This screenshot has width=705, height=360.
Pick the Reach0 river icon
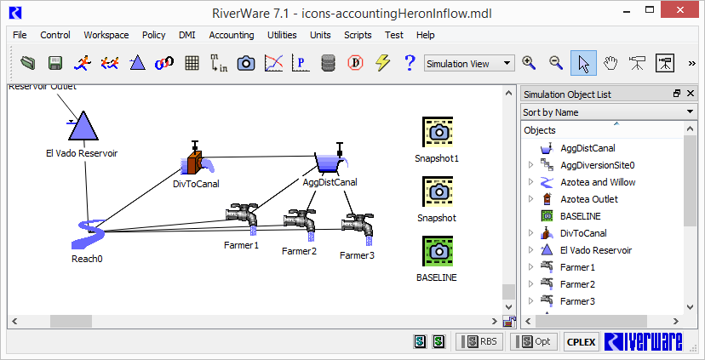click(x=89, y=234)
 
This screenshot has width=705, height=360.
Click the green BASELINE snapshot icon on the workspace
click(x=438, y=251)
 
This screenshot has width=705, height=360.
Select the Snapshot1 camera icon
click(x=438, y=132)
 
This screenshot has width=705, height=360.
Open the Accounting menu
click(x=231, y=35)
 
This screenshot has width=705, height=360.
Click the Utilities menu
click(x=282, y=35)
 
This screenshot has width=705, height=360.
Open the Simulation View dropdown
click(x=469, y=64)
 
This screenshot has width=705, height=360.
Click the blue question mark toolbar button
click(x=410, y=63)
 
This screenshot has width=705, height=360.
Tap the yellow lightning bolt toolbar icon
click(x=382, y=63)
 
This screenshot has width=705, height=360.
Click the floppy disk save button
click(x=55, y=63)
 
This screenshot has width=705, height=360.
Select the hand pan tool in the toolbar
click(x=610, y=63)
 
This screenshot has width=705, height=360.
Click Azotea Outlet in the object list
click(x=589, y=199)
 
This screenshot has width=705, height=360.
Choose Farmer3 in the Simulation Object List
click(x=577, y=301)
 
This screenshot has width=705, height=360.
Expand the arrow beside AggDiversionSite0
click(x=530, y=165)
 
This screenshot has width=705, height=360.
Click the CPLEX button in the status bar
click(x=581, y=342)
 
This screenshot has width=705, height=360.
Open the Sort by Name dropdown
click(x=608, y=112)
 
